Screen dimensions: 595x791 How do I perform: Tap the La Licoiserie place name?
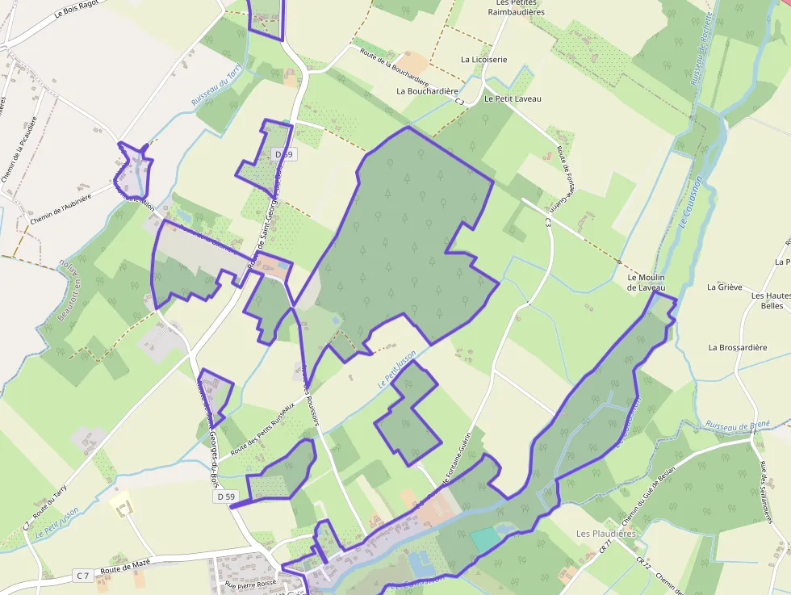pos(484,60)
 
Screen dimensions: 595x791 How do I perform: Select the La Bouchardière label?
pos(427,91)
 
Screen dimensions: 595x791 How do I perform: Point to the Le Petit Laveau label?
pos(513,98)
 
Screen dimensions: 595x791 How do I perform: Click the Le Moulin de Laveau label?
pos(647,283)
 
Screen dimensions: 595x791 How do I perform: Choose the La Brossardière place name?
pos(738,348)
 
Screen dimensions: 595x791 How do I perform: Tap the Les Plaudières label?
pos(606,534)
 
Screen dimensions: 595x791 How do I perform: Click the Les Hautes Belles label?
pos(772,301)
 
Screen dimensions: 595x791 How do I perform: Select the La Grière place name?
pos(723,287)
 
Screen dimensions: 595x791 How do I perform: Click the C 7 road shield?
pos(82,576)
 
